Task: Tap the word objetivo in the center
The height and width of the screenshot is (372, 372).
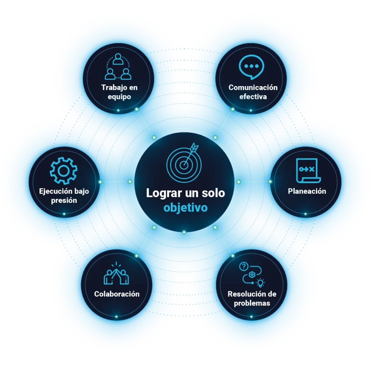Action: [x=186, y=207]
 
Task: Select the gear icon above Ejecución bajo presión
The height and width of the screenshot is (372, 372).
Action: [x=64, y=171]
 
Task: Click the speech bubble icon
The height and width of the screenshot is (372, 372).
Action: [x=251, y=67]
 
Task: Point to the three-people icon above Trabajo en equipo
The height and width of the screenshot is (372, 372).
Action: [x=118, y=66]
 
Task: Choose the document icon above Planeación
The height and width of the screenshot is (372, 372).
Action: [x=308, y=171]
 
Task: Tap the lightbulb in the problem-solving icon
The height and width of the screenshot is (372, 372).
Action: [x=260, y=283]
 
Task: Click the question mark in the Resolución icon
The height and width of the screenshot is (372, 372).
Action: [x=244, y=266]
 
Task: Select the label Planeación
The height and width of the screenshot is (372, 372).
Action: [x=307, y=191]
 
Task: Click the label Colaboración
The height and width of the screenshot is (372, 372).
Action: [x=117, y=294]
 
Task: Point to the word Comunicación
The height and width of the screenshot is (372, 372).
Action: [x=253, y=88]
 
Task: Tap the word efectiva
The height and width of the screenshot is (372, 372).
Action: [x=253, y=97]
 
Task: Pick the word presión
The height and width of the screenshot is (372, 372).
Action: [x=64, y=201]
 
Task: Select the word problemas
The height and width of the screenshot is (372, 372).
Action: [x=252, y=303]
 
